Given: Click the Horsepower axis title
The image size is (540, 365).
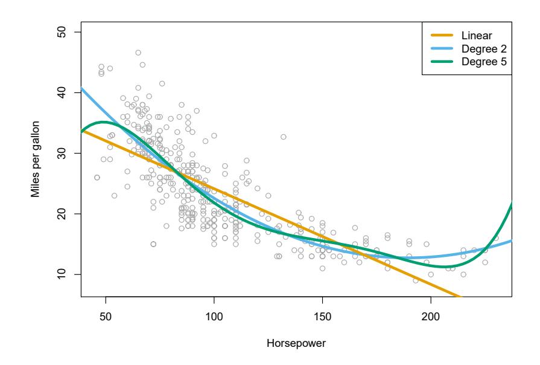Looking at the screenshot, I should pos(296,343).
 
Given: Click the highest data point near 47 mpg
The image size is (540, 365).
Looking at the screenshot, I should pos(138,53).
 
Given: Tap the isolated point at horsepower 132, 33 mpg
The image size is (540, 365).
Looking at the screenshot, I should pos(283,137).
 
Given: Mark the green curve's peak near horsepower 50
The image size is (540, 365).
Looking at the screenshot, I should pos(104,122).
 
